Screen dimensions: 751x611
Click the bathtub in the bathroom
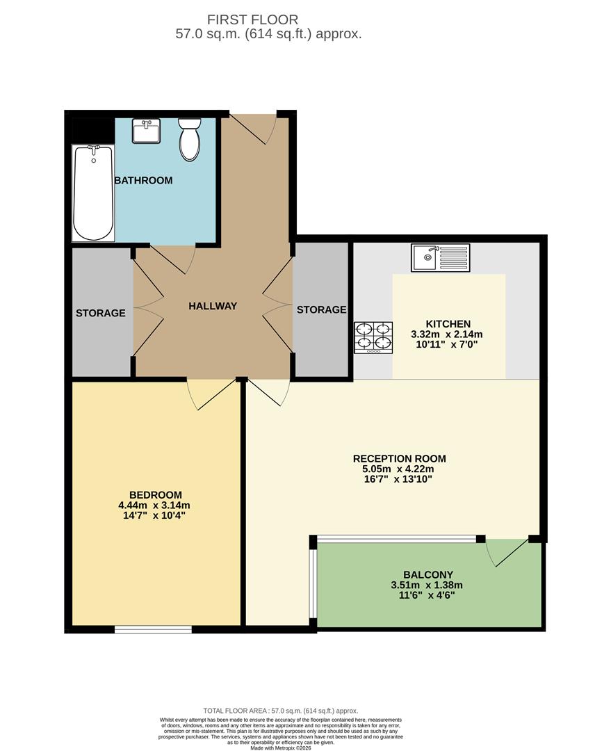pos(93,193)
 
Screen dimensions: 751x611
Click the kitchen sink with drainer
pos(440,257)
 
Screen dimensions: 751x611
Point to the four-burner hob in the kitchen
pos(373,337)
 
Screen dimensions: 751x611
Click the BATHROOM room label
pos(143,181)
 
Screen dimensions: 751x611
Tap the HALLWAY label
pos(213,306)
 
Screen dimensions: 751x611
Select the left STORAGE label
pos(101,313)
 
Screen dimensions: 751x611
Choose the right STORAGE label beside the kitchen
pos(321,309)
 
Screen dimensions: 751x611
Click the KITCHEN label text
pos(448,324)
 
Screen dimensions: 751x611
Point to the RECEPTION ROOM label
pos(399,458)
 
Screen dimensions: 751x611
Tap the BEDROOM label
pos(154,494)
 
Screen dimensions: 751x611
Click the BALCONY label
pos(427,574)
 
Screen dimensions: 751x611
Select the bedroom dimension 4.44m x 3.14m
pos(154,506)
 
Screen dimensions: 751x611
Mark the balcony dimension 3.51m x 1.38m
pos(427,585)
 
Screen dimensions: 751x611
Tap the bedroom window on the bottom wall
pos(153,629)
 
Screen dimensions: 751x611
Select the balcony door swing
pos(505,554)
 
